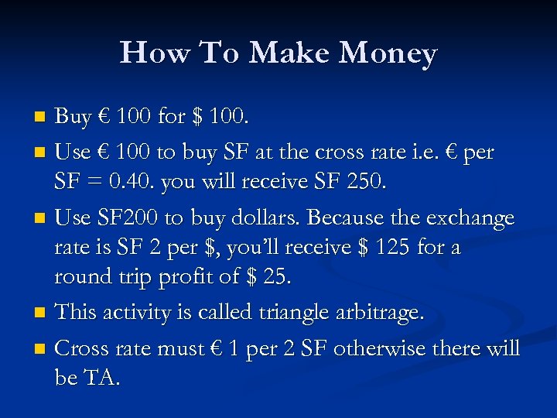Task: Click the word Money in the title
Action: pos(388,53)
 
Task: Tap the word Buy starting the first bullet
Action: pos(73,117)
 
